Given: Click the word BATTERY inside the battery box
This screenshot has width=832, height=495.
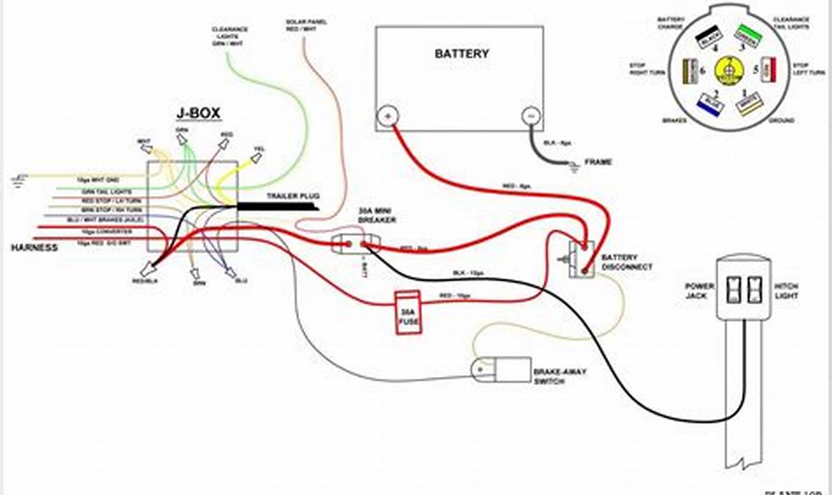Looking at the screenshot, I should tap(462, 53).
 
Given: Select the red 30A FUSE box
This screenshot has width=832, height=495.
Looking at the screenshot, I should tap(408, 313).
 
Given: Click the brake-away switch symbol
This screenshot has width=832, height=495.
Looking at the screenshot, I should tap(501, 369).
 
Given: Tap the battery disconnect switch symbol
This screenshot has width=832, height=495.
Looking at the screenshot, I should tap(581, 259).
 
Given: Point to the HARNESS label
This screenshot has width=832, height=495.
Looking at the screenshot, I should tap(34, 248).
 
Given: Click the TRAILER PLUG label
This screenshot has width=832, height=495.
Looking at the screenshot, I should tap(293, 196).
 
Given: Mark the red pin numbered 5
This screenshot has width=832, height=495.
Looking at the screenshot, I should tap(768, 69).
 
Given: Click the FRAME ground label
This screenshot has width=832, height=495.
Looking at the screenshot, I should tap(598, 162).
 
